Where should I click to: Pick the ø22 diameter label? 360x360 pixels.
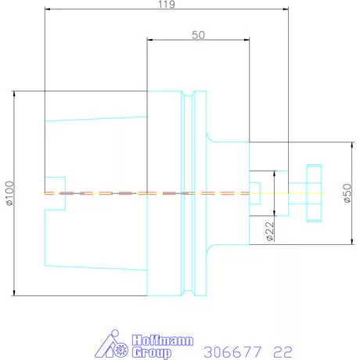(268, 231)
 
